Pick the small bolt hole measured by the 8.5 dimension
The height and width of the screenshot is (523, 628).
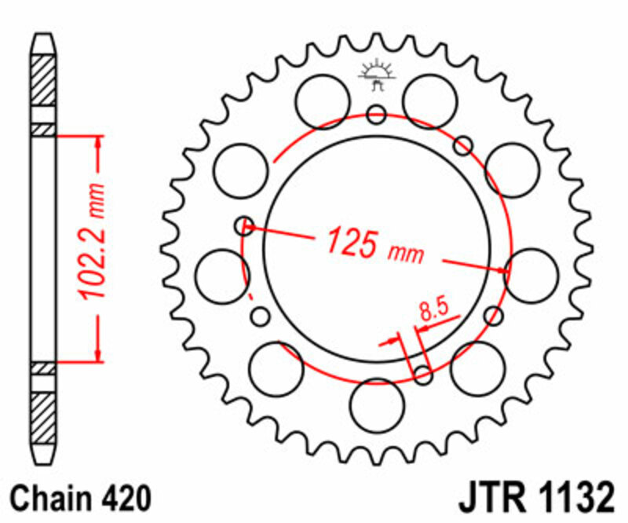[x=423, y=375]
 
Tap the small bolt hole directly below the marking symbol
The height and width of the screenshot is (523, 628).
[x=377, y=114]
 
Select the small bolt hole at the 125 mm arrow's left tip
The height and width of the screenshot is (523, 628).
[x=244, y=226]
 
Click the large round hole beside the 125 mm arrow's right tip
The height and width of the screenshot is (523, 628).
[x=531, y=274]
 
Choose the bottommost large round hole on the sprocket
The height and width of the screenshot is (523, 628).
[x=376, y=405]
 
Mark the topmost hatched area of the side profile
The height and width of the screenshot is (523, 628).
[x=44, y=79]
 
